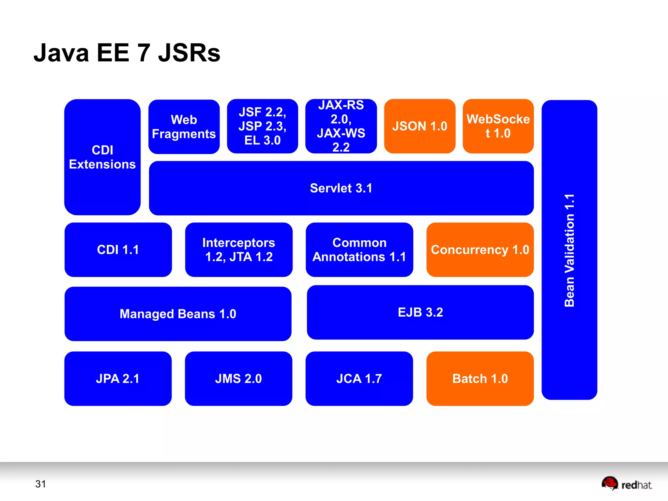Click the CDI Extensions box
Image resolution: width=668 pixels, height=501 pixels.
[x=102, y=157]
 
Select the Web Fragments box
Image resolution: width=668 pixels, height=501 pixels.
[x=184, y=127]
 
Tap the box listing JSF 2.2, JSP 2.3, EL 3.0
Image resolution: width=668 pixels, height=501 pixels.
[x=263, y=126]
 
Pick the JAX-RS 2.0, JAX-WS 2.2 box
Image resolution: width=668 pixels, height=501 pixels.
[x=341, y=126]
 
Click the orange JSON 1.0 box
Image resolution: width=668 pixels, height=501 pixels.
[x=419, y=126]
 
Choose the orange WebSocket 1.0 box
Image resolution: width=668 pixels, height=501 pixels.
[x=498, y=126]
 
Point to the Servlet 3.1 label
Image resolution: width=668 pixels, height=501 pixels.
[x=341, y=188]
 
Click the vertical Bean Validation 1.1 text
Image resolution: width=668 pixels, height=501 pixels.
[x=569, y=250]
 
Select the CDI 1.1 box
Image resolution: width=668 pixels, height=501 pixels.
[x=118, y=250]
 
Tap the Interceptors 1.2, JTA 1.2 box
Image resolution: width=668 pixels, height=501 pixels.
[x=239, y=250]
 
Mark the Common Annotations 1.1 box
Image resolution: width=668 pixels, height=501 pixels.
[x=359, y=250]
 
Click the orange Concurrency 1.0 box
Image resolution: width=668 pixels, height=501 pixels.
[x=480, y=250]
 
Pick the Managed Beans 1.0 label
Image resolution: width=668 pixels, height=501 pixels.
[x=178, y=314]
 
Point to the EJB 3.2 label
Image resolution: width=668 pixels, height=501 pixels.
[x=420, y=312]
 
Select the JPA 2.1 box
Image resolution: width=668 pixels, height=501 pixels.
[x=118, y=379]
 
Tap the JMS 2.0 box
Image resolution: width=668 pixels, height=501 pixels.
[x=238, y=379]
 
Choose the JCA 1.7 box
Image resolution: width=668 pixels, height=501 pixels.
[x=359, y=379]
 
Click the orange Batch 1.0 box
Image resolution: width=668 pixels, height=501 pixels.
[x=480, y=379]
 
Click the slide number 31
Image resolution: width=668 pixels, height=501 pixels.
[x=40, y=484]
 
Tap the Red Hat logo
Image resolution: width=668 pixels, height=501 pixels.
[x=626, y=484]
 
